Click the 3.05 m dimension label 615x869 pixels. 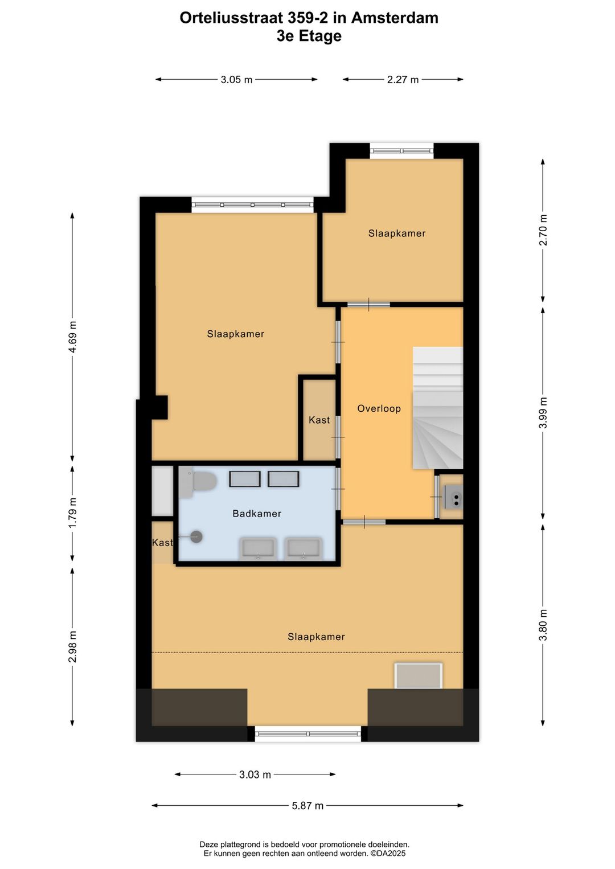(x=236, y=80)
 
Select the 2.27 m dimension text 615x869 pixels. (x=403, y=80)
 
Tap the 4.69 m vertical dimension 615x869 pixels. (x=73, y=337)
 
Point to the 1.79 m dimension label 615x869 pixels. (x=73, y=513)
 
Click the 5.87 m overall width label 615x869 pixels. (x=307, y=806)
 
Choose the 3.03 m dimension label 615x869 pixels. (x=255, y=774)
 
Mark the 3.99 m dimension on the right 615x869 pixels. (x=543, y=413)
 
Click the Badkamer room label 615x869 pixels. (x=257, y=514)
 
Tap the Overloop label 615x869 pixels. (x=379, y=408)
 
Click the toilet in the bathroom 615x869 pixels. (x=199, y=482)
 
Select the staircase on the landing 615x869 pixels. (x=437, y=408)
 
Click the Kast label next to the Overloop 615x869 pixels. (x=319, y=420)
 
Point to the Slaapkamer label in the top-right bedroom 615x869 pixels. (x=397, y=233)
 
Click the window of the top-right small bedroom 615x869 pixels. (x=401, y=151)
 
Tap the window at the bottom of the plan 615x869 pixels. (x=307, y=734)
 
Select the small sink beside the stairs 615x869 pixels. (x=454, y=499)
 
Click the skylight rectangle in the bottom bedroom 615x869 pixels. (x=419, y=676)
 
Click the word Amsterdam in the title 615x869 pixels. (x=395, y=18)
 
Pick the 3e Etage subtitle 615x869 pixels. (x=309, y=36)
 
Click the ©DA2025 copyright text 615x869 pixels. (x=388, y=853)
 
